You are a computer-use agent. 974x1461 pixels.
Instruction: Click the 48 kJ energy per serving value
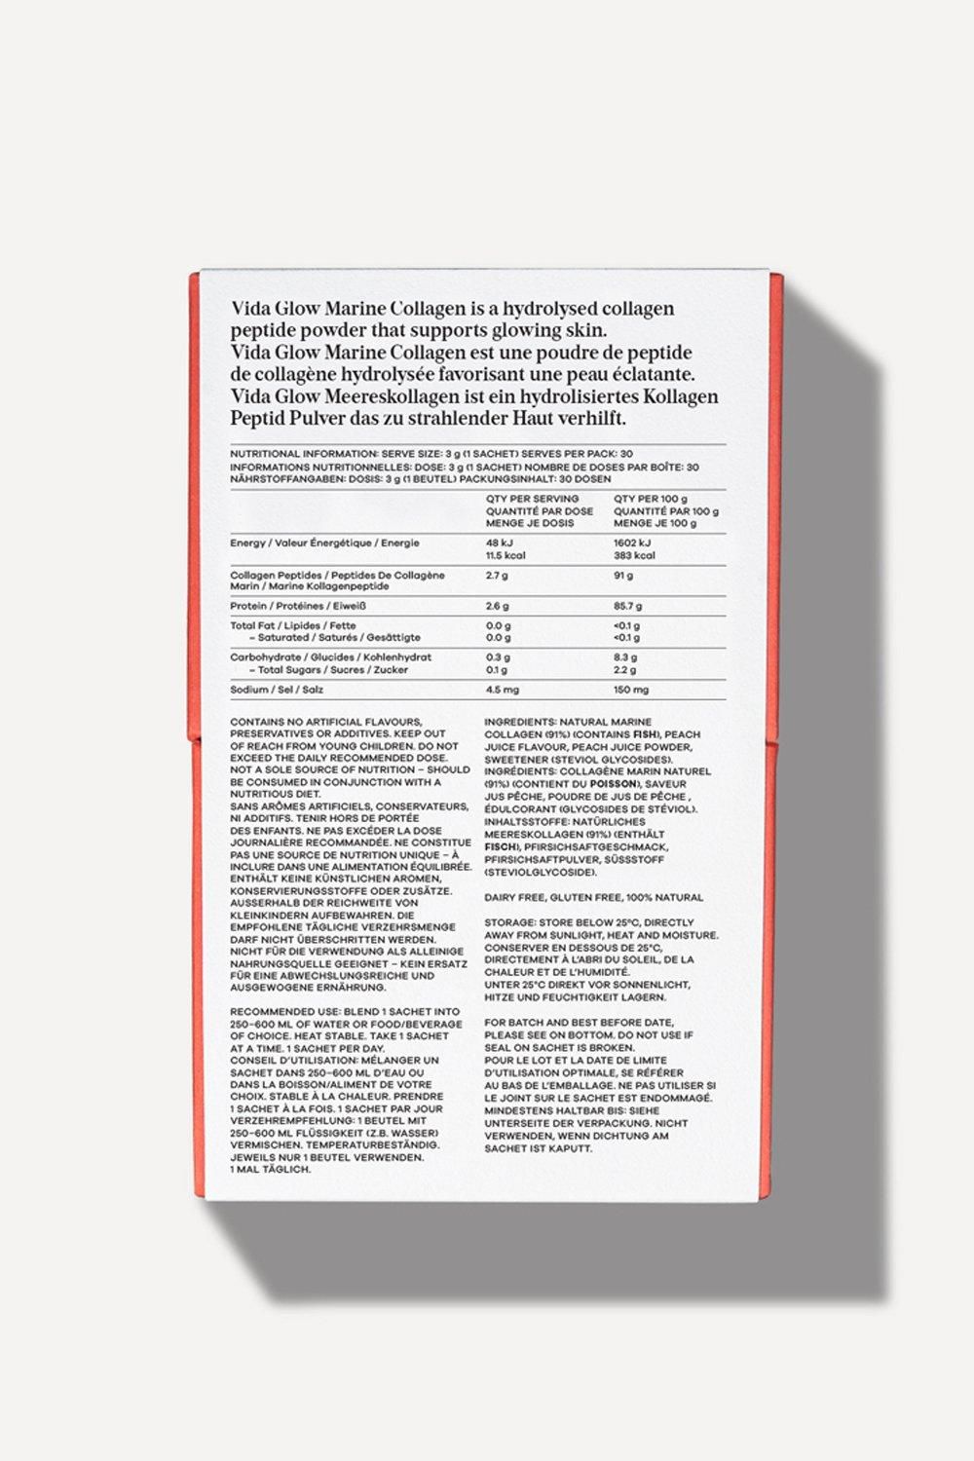pyautogui.click(x=500, y=543)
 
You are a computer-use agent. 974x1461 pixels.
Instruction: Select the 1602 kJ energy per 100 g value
pyautogui.click(x=632, y=543)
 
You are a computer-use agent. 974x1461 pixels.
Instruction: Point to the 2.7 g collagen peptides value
pyautogui.click(x=497, y=576)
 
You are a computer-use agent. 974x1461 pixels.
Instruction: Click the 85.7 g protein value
pyautogui.click(x=628, y=606)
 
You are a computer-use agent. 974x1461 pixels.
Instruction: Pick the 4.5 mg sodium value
pyautogui.click(x=503, y=690)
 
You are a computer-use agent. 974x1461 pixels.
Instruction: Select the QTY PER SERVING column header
pyautogui.click(x=531, y=499)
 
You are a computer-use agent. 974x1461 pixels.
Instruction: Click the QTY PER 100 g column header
pyautogui.click(x=651, y=499)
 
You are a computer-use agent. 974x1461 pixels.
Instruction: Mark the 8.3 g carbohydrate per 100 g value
pyautogui.click(x=625, y=657)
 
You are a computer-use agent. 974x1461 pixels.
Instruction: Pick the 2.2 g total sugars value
pyautogui.click(x=625, y=670)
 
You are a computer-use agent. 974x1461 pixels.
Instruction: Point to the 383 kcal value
pyautogui.click(x=634, y=555)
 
